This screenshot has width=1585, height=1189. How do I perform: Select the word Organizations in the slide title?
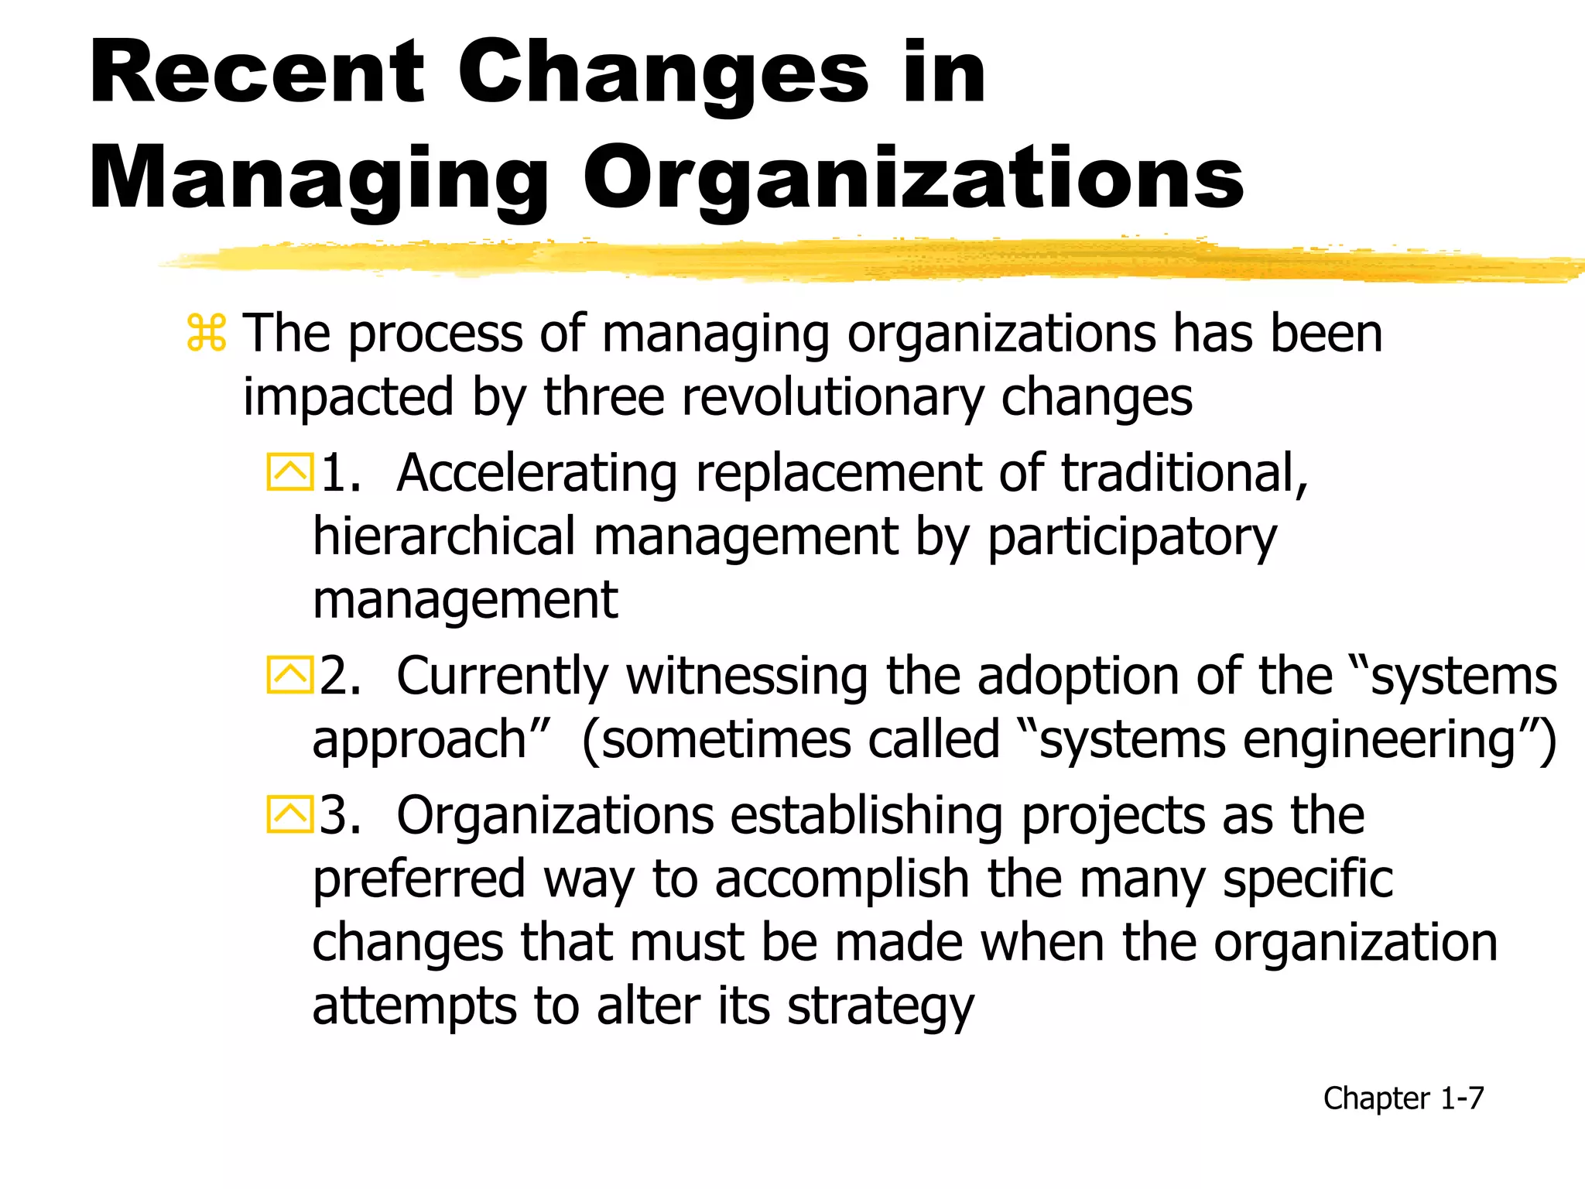(913, 180)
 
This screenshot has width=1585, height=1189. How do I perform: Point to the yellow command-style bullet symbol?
(207, 334)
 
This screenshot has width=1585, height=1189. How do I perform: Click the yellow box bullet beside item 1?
(290, 471)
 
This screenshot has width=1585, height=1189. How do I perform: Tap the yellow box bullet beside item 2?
(290, 675)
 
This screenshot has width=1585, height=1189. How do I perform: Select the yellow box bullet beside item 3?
(290, 814)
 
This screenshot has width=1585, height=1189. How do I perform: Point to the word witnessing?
(747, 676)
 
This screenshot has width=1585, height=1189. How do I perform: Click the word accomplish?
(842, 880)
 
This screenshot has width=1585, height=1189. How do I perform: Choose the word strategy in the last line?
(880, 1007)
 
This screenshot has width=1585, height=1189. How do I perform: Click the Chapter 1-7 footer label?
(1403, 1098)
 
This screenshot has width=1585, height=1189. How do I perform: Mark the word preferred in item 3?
(419, 880)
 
